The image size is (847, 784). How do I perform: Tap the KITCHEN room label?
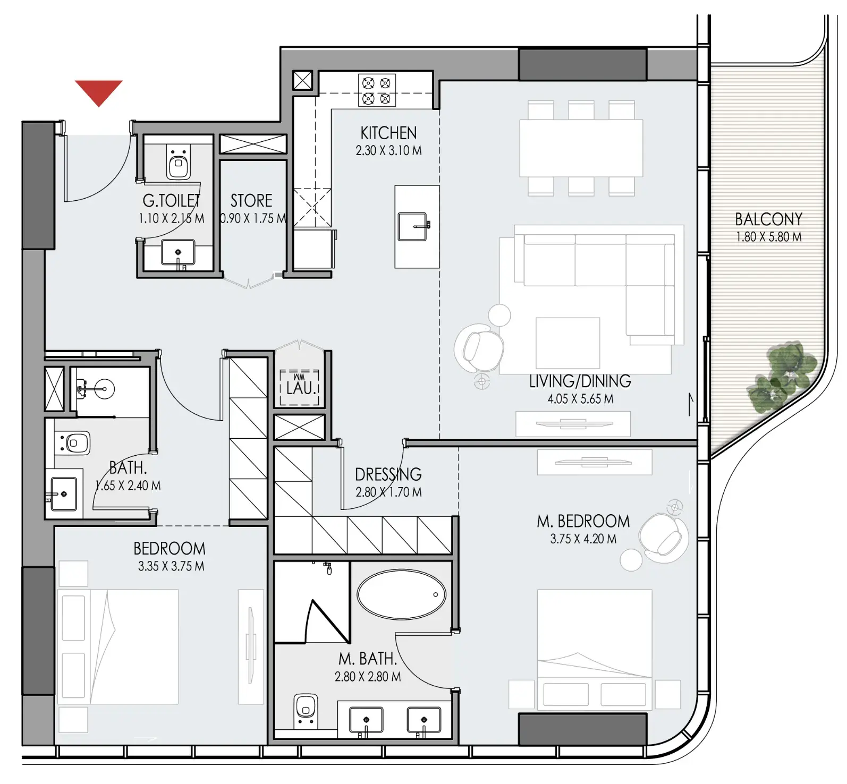pos(388,133)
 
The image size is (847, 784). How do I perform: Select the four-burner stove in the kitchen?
pos(377,90)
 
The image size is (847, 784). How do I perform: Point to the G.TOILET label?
pos(171,200)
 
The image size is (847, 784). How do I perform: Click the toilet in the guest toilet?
pos(178,162)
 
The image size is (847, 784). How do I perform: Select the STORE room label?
pos(251,201)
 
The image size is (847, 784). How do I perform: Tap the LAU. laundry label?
pos(301,388)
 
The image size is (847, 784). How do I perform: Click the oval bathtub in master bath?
pos(402,594)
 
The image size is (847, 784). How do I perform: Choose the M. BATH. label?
pos(368,659)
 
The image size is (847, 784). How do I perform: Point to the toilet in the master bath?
pos(305,711)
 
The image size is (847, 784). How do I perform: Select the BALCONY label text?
pos(768,219)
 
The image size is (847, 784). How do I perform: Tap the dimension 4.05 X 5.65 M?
pos(580,399)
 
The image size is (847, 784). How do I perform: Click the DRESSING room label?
pos(388,474)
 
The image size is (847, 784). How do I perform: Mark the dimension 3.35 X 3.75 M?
pos(171,566)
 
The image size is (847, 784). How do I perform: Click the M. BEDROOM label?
pos(583,521)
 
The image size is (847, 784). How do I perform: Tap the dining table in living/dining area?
pos(581,148)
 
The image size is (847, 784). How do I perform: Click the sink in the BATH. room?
pos(64,494)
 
